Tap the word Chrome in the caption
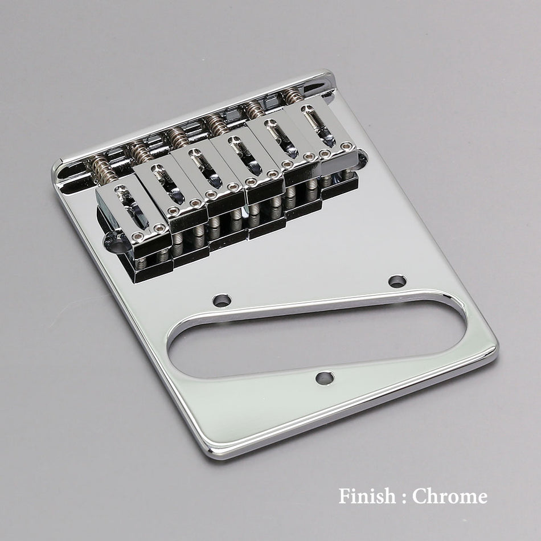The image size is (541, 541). [x=450, y=496]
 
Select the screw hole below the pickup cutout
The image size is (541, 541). [x=325, y=378]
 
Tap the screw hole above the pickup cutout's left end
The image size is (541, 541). [x=222, y=300]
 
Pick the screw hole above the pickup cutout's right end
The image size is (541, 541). [x=397, y=281]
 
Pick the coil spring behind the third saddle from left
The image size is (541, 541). [x=179, y=137]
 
